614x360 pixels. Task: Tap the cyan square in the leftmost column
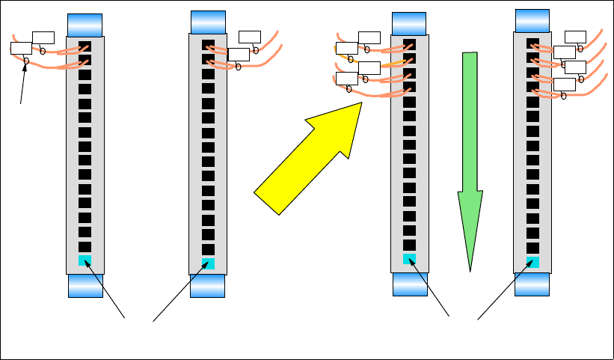(x=85, y=260)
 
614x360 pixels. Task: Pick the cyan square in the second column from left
(x=208, y=263)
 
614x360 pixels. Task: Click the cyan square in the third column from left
(x=409, y=259)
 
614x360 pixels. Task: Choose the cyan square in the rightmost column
(x=532, y=262)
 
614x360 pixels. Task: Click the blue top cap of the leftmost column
(x=85, y=24)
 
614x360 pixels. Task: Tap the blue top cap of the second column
(x=208, y=21)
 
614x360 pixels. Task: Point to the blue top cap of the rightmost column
(x=532, y=20)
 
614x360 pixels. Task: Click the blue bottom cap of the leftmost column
(x=85, y=285)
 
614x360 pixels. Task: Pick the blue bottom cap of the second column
(x=207, y=285)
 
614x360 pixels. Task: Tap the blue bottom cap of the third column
(x=409, y=284)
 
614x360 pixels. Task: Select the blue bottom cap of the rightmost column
(x=532, y=284)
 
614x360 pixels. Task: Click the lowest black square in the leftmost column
(x=85, y=245)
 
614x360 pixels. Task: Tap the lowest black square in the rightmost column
(x=532, y=248)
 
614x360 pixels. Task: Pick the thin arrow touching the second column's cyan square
(x=179, y=293)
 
